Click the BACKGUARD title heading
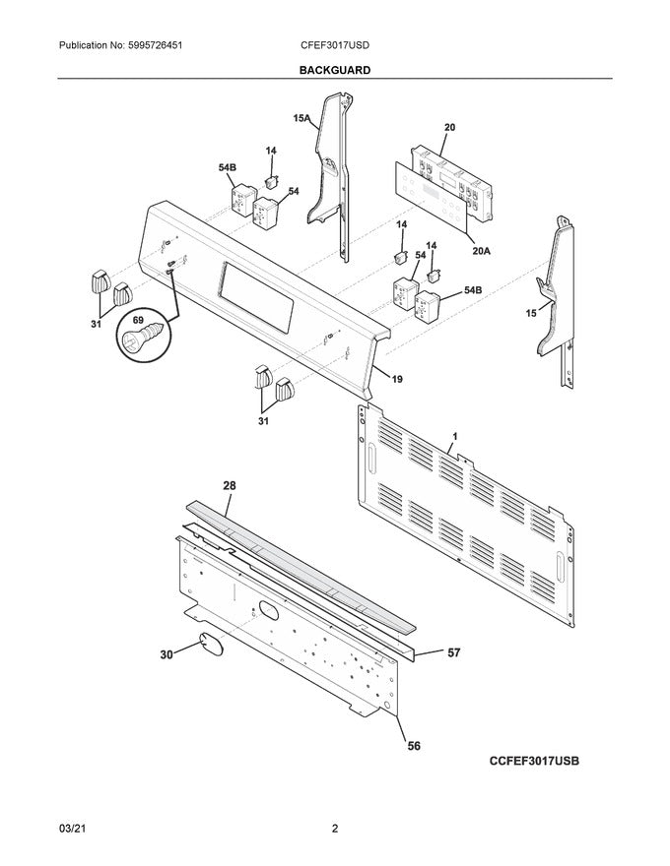(335, 71)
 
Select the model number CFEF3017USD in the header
(335, 46)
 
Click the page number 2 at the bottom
(335, 829)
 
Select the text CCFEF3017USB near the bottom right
(532, 763)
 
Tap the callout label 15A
(301, 119)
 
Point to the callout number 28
(229, 486)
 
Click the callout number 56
(414, 747)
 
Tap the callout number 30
(167, 653)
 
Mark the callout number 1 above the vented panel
(454, 435)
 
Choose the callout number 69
(137, 322)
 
